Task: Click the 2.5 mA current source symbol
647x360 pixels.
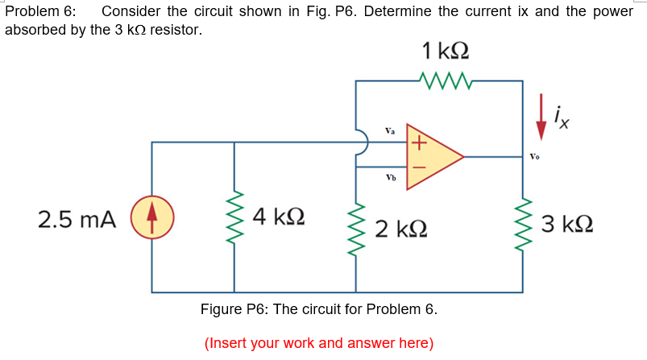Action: point(153,218)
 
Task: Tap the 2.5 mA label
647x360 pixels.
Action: point(77,219)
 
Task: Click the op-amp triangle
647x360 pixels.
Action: point(432,156)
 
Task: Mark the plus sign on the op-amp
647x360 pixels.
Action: point(417,143)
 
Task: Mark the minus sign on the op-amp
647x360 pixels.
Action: point(417,170)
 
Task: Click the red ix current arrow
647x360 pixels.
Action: point(542,118)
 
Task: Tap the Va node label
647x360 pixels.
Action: point(390,130)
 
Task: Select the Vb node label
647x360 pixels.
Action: point(390,176)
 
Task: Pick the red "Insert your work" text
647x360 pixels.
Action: point(319,343)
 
